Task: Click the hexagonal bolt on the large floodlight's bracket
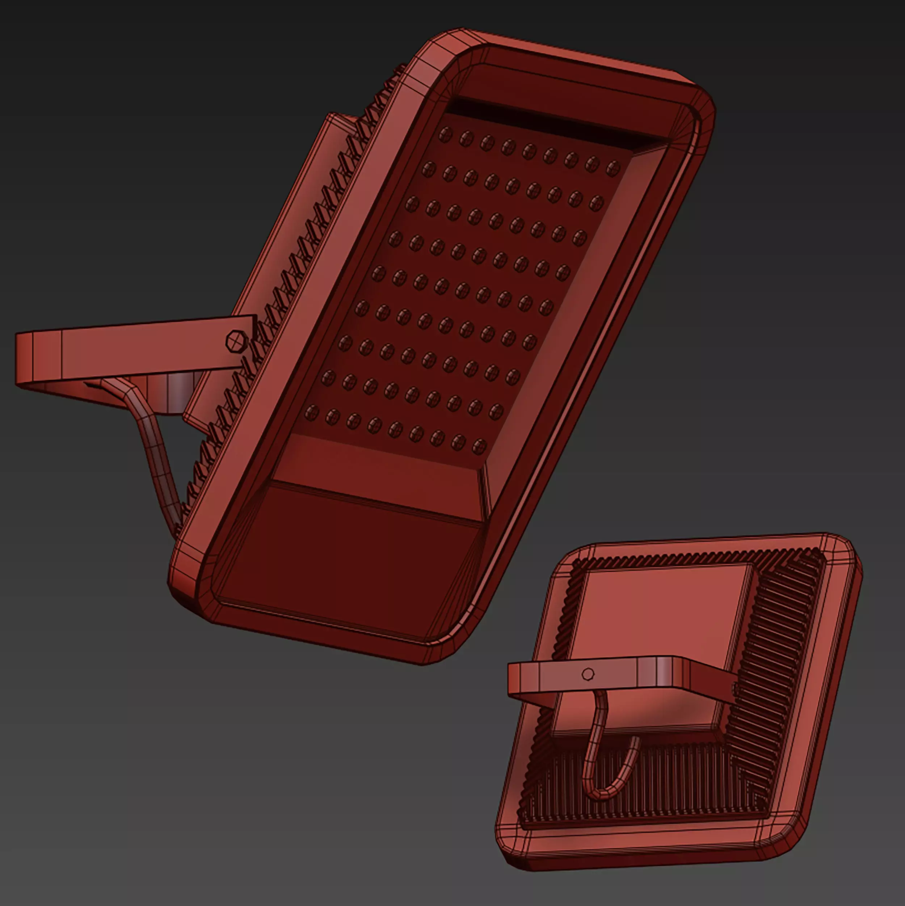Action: [235, 341]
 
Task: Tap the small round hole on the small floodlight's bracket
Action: [588, 674]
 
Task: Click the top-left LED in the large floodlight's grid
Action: [445, 135]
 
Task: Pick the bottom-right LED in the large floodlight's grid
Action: [479, 446]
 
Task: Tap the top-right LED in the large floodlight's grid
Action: [613, 168]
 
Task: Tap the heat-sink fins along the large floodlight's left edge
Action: [281, 281]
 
